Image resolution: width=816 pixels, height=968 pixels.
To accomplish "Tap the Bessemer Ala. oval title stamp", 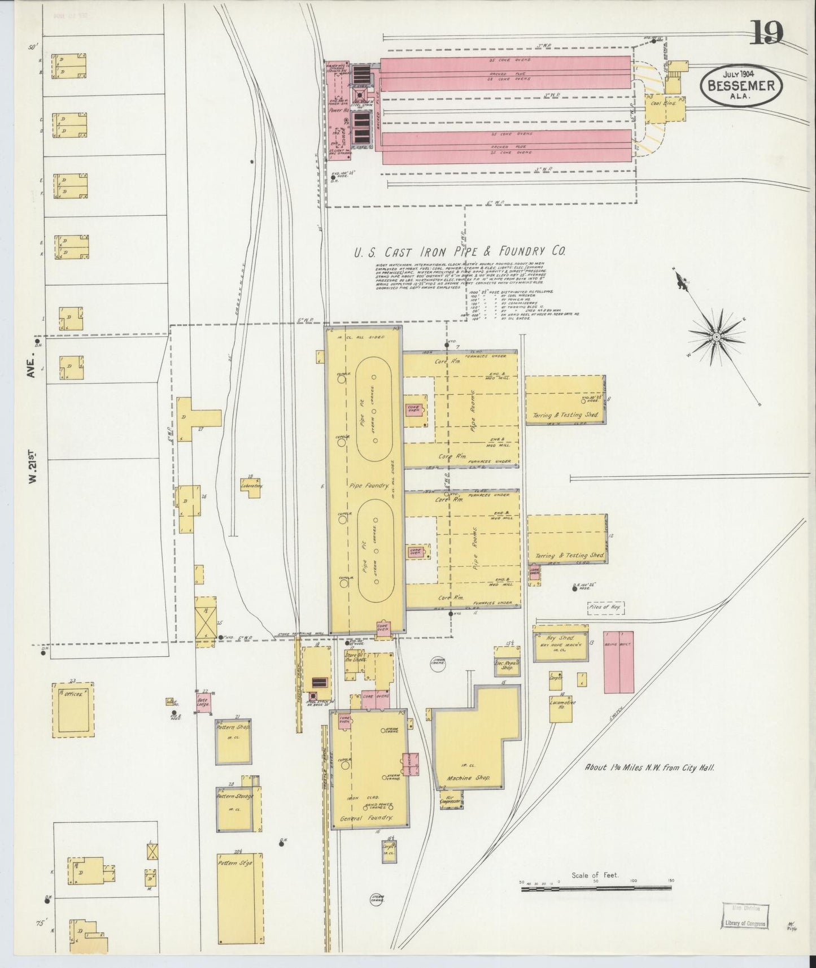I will pos(742,86).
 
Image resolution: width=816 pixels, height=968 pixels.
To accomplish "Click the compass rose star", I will pos(715,337).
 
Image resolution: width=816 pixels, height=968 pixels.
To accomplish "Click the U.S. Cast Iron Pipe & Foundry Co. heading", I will pos(459,252).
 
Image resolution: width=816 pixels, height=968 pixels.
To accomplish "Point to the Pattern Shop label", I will pos(233,728).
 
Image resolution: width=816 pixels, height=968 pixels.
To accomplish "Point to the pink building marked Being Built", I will pos(619,662).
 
